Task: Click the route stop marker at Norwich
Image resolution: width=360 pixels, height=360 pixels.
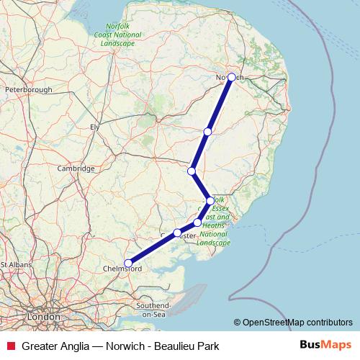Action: point(231,77)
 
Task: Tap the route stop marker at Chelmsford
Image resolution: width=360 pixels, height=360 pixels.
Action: point(128,263)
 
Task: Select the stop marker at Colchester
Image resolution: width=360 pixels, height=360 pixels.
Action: point(177,233)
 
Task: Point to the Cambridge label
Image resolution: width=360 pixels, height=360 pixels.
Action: point(76,168)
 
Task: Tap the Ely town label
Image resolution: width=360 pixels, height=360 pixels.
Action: point(94,127)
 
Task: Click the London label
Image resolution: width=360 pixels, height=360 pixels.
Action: point(42,316)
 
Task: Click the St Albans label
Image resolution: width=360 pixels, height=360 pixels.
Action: point(14,264)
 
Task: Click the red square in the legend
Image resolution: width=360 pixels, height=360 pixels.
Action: point(9,346)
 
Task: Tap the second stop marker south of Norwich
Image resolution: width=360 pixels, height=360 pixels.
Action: point(192,171)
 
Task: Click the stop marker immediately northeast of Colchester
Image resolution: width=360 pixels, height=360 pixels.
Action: point(197,222)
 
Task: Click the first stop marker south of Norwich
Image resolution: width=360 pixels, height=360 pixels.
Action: point(207,131)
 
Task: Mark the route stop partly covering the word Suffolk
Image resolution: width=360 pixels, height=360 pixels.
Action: point(210,201)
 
